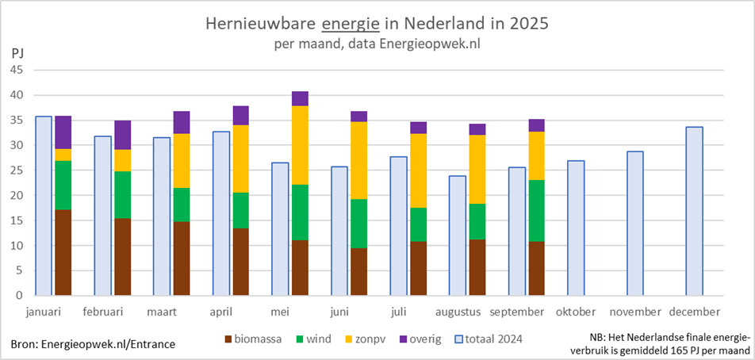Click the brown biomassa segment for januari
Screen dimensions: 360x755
[63, 253]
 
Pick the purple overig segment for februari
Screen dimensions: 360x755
[122, 135]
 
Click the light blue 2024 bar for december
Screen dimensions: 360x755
[694, 211]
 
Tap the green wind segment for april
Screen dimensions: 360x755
[240, 210]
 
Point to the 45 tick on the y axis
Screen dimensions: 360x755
[17, 70]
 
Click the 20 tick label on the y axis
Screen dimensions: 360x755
[17, 195]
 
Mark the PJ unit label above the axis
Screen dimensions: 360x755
[18, 53]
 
